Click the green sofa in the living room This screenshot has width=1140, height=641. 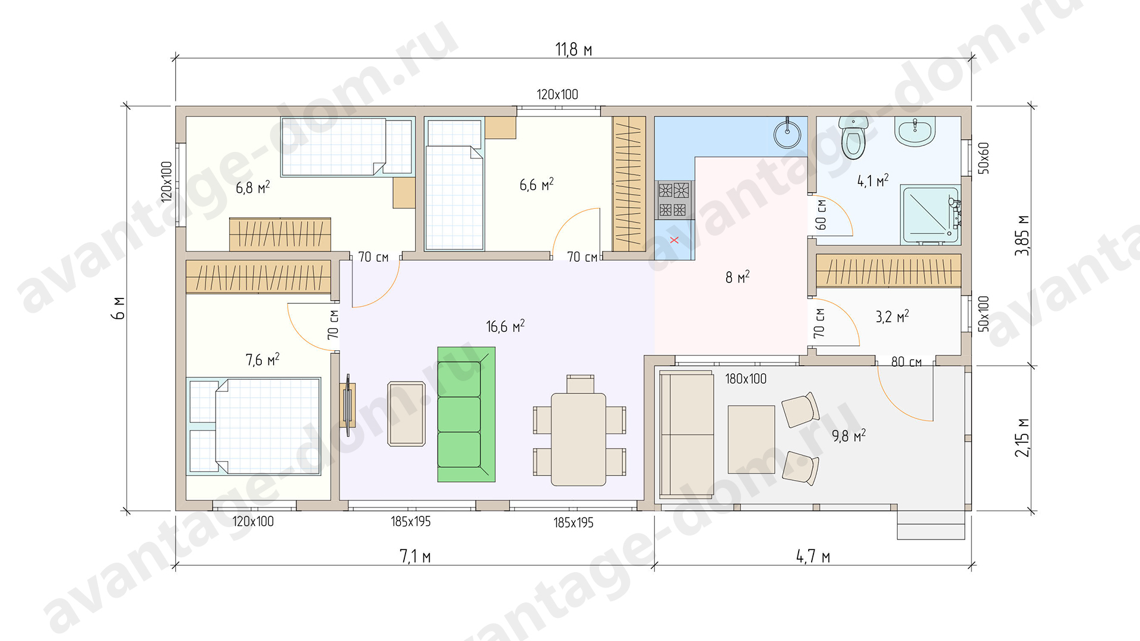pyautogui.click(x=466, y=414)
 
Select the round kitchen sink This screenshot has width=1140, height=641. pyautogui.click(x=787, y=134)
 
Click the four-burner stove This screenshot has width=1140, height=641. pyautogui.click(x=674, y=200)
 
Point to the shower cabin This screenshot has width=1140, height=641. pyautogui.click(x=930, y=215)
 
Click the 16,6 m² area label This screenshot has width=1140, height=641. pyautogui.click(x=505, y=326)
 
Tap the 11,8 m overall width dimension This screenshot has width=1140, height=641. pyautogui.click(x=574, y=49)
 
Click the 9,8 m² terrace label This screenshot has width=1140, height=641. pyautogui.click(x=848, y=436)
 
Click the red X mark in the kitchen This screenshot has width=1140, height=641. pyautogui.click(x=674, y=240)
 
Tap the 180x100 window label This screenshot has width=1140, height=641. pyautogui.click(x=746, y=379)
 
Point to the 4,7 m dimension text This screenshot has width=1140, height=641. pyautogui.click(x=813, y=557)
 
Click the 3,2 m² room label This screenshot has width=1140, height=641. pyautogui.click(x=892, y=316)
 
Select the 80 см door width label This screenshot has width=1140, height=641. pyautogui.click(x=906, y=362)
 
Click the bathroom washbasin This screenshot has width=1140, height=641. pyautogui.click(x=915, y=131)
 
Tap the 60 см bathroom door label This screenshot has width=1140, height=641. pyautogui.click(x=821, y=214)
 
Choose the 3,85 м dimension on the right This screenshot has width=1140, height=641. pyautogui.click(x=1022, y=235)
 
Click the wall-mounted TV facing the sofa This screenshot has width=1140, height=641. pyautogui.click(x=348, y=405)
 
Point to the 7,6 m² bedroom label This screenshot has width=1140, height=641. pyautogui.click(x=262, y=360)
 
